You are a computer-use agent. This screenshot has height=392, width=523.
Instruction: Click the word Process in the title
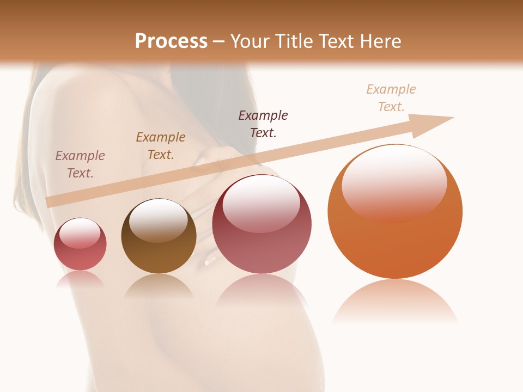point(171,41)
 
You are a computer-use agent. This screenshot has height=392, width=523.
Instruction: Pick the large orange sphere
point(395,229)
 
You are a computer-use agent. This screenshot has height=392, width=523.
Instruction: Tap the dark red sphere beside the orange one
point(261,240)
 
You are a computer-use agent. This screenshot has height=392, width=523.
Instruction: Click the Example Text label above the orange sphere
point(391,98)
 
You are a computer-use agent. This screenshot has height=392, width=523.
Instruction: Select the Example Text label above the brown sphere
point(161,146)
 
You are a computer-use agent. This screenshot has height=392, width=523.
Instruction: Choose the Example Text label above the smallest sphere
point(80,164)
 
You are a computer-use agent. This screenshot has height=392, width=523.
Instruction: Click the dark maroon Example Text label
point(263,124)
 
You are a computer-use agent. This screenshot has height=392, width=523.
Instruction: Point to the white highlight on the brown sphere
point(158,218)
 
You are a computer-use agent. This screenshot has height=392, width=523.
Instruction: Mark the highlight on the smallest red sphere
point(80,233)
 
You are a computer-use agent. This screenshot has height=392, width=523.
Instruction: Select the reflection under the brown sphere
point(159,285)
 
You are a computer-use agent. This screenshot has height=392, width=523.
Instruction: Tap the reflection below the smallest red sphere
point(80,279)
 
